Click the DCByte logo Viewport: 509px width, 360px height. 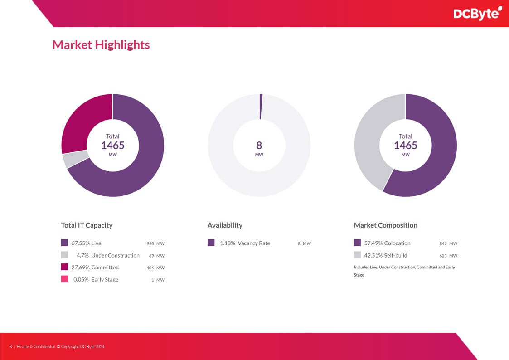(x=477, y=14)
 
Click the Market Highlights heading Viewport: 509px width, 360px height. (x=101, y=44)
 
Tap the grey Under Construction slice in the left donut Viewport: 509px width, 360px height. (x=70, y=160)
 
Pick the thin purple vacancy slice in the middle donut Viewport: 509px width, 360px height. (x=261, y=107)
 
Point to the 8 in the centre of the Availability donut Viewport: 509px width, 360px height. (x=259, y=145)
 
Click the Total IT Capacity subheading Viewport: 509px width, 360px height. (x=87, y=225)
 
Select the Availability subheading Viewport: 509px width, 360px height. (x=225, y=225)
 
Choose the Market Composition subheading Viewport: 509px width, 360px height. (x=385, y=225)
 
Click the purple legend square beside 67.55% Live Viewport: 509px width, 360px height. (x=64, y=243)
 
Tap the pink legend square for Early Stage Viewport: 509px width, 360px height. (x=64, y=279)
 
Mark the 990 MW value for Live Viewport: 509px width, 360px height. (x=155, y=243)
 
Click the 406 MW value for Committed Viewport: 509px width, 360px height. (x=155, y=268)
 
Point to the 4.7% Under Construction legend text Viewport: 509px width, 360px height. (x=108, y=255)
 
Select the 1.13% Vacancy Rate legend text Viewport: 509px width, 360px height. (x=245, y=243)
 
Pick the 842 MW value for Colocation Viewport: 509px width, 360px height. (x=448, y=243)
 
